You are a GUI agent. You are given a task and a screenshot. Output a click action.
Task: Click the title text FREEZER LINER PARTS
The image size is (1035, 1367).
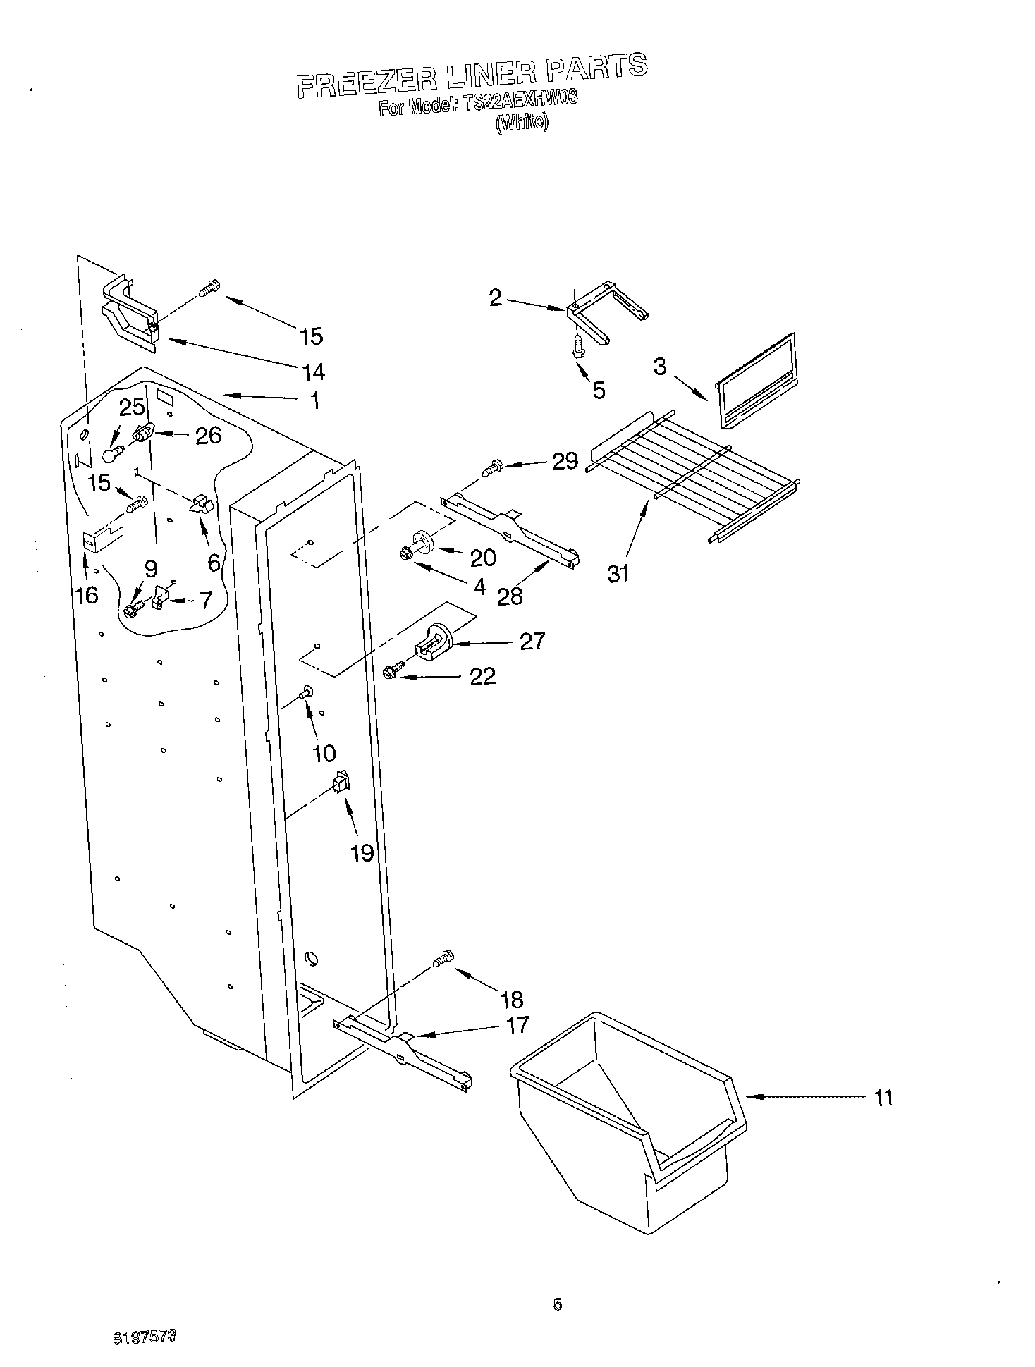[471, 75]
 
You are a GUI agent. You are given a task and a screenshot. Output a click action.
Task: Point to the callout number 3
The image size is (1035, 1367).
[659, 367]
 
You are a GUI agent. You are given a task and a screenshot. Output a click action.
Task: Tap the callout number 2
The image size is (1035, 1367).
[496, 298]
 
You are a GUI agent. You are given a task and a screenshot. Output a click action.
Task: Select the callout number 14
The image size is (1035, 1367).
[314, 371]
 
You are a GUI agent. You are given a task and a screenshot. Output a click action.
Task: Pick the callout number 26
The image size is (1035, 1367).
[208, 436]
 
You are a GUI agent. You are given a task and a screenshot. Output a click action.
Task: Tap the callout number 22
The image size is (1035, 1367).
[482, 677]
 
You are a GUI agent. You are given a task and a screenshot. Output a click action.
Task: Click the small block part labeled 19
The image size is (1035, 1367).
[341, 782]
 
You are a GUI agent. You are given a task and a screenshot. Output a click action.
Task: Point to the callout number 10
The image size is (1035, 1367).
[324, 754]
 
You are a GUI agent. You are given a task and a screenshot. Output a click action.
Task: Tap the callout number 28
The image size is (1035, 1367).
[509, 596]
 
